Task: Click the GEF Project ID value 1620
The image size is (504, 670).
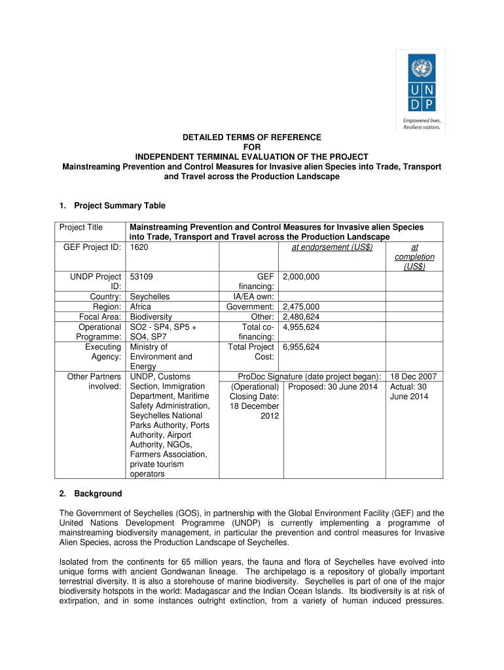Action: (139, 247)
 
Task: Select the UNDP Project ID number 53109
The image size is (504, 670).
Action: (141, 277)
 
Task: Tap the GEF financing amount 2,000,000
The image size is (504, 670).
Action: (301, 277)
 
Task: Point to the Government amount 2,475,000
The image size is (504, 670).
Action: (301, 306)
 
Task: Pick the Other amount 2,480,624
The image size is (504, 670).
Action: (301, 316)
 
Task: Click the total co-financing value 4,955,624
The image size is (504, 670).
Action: (301, 326)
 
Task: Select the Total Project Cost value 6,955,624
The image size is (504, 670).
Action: (301, 347)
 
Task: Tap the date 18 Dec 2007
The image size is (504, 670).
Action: (413, 376)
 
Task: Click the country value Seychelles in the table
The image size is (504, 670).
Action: (150, 296)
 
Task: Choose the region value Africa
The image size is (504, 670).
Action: (141, 306)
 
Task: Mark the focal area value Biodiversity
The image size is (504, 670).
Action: (151, 316)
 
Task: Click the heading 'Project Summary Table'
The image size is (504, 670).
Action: (119, 205)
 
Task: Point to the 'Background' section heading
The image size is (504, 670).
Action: (98, 493)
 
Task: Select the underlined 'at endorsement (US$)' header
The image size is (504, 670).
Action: (332, 247)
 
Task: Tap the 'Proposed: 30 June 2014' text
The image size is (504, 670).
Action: (333, 386)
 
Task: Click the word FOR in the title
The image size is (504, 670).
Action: (252, 147)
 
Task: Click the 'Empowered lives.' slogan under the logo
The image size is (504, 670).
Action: (422, 120)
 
